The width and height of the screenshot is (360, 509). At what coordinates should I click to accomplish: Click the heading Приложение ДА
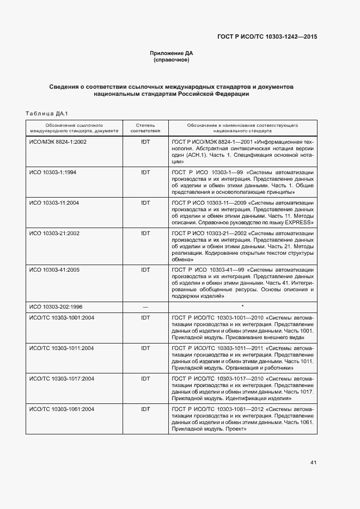coord(172,53)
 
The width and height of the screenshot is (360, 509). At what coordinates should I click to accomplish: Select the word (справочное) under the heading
coord(172,60)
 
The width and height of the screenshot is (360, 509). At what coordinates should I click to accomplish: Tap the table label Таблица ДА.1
coord(46,113)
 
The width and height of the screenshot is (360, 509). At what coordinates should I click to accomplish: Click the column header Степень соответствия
coord(145,128)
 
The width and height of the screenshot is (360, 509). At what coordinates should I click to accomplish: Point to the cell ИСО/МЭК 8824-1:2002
coord(58,142)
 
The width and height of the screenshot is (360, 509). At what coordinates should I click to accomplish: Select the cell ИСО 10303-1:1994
coord(53,173)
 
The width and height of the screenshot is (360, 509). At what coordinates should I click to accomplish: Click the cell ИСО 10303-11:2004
coord(54,203)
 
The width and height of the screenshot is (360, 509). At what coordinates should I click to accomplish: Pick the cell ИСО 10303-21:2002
coord(54,234)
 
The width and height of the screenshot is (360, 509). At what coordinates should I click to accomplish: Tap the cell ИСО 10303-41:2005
coord(54,269)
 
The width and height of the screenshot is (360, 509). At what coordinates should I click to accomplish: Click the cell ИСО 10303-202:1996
coord(56,306)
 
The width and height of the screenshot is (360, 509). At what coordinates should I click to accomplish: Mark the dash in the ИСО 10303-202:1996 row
coord(145,307)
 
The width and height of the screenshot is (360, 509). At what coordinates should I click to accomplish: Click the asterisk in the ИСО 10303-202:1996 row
coord(242,306)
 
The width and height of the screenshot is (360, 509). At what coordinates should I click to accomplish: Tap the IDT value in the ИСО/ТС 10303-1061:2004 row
coord(145,409)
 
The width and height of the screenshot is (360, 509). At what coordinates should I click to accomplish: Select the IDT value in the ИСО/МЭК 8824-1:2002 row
coord(145,142)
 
